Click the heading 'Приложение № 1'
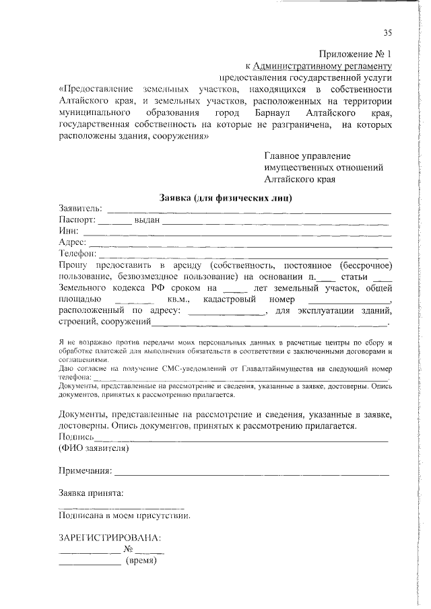(x=354, y=53)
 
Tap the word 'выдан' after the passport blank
(x=146, y=219)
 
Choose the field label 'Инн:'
(x=69, y=231)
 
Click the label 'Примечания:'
(x=85, y=470)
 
